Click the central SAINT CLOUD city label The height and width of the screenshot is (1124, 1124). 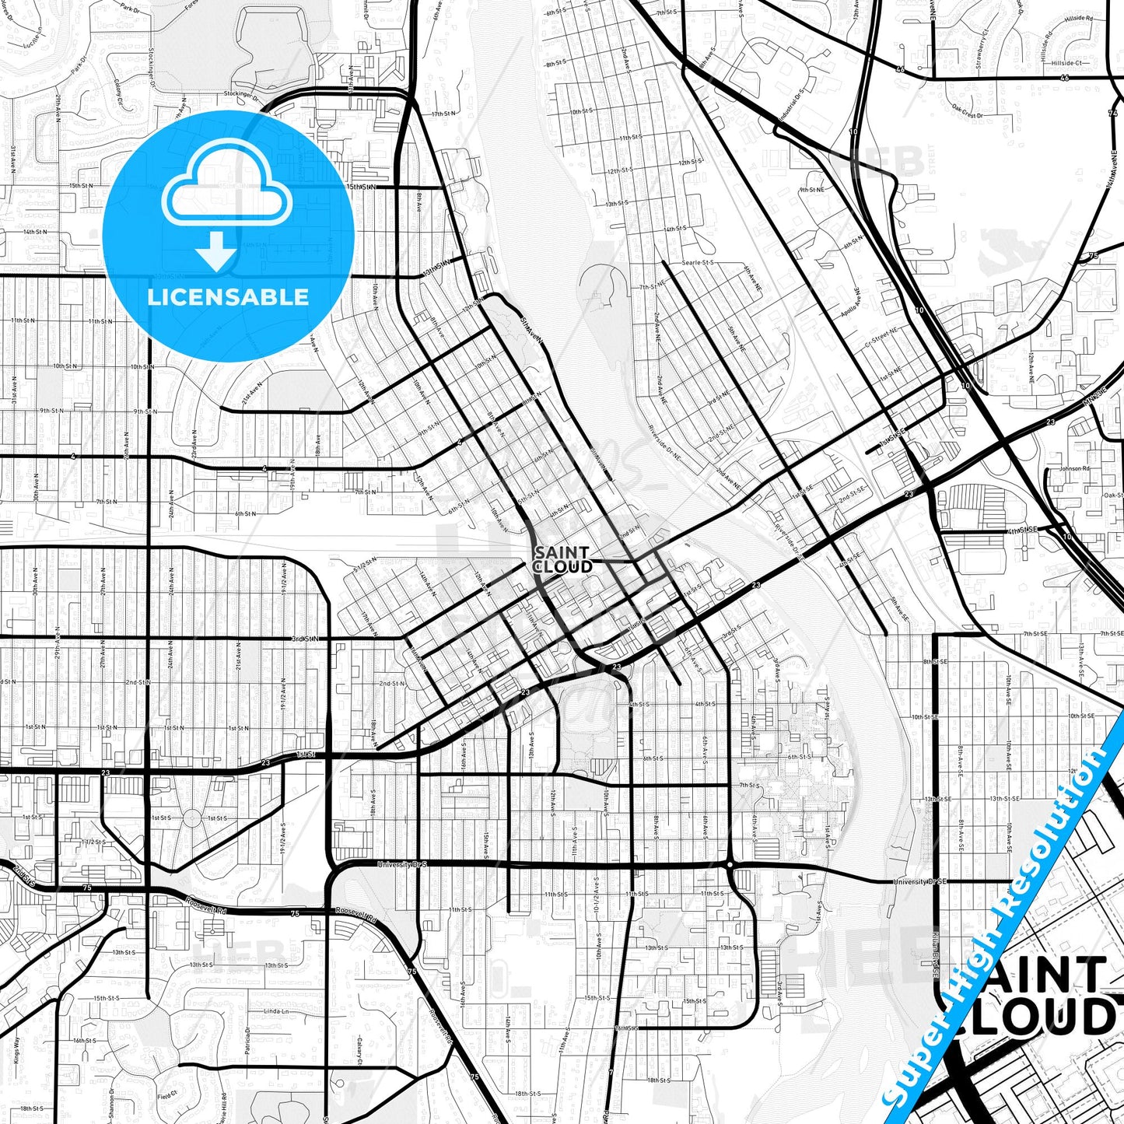pyautogui.click(x=562, y=559)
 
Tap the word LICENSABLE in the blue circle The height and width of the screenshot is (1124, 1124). pyautogui.click(x=228, y=296)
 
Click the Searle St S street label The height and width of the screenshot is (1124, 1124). pyautogui.click(x=697, y=263)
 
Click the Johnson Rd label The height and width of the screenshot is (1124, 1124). pyautogui.click(x=1074, y=469)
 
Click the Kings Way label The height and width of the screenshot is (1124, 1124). pyautogui.click(x=16, y=1050)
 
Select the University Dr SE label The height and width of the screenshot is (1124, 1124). pyautogui.click(x=919, y=881)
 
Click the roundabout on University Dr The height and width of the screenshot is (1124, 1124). pyautogui.click(x=730, y=864)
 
